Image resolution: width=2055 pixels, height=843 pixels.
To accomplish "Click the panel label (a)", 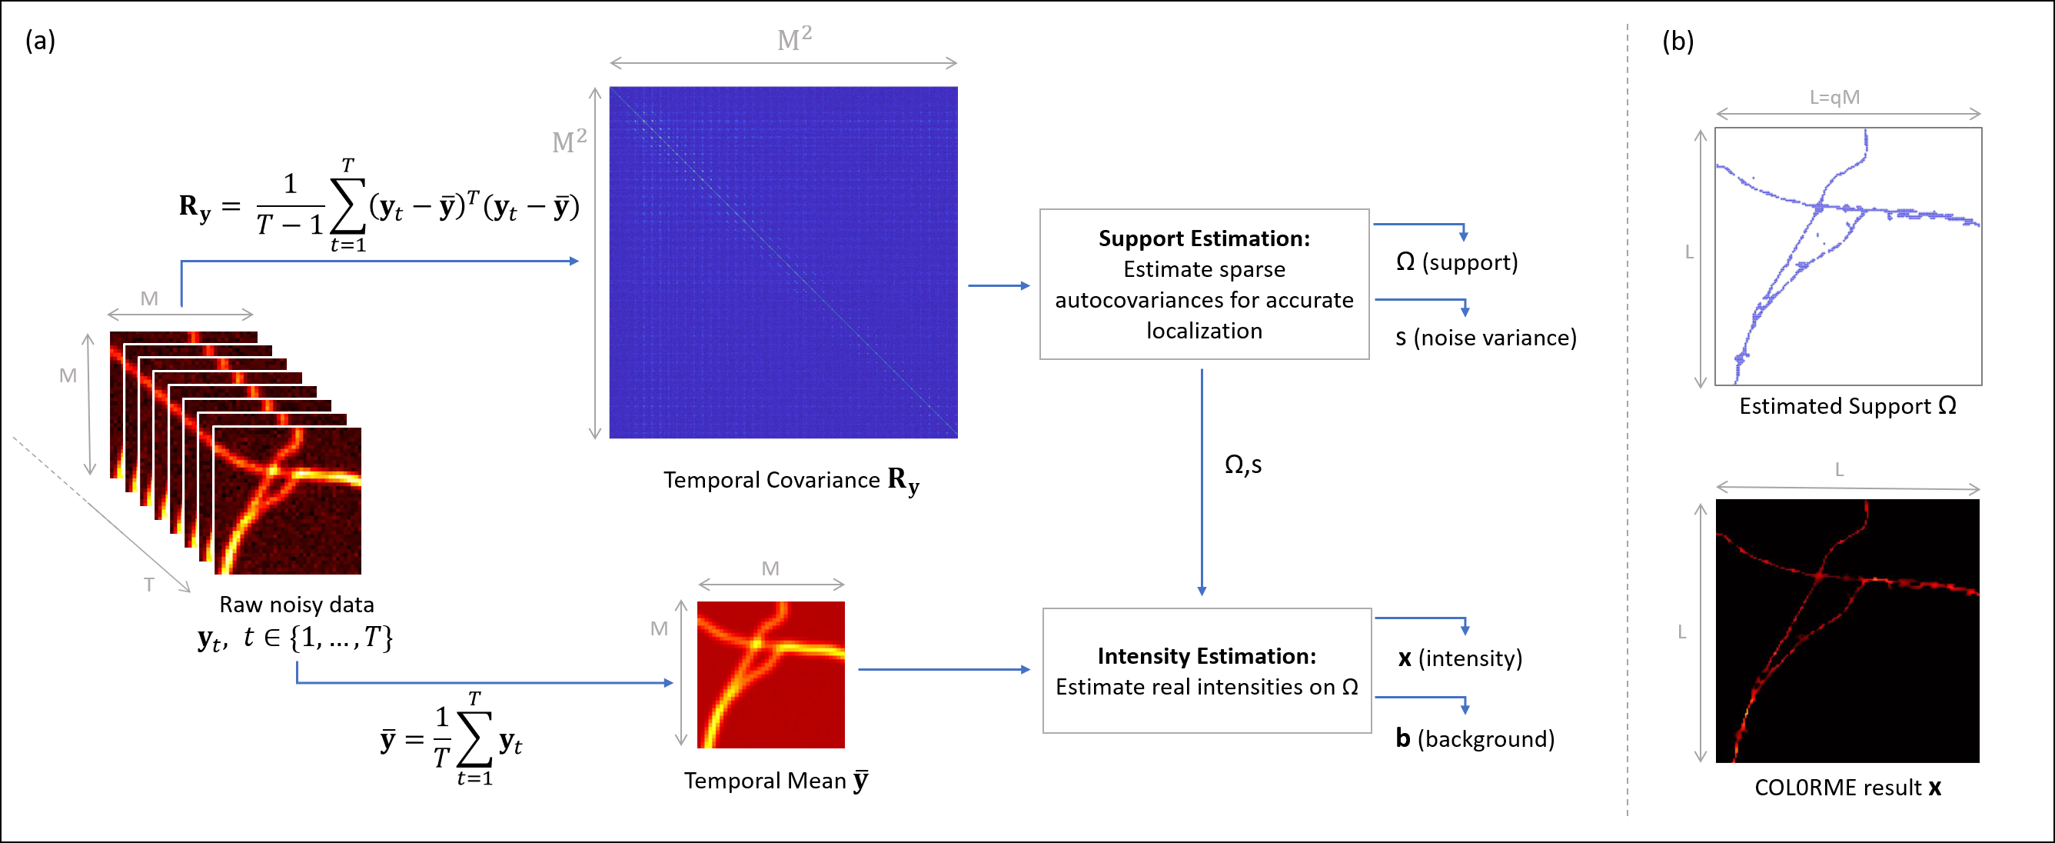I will (40, 40).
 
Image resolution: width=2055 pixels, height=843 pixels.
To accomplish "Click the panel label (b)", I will (1678, 41).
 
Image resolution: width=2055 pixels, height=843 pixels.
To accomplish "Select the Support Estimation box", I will (1204, 284).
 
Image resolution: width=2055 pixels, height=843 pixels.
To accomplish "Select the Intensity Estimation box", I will (1206, 671).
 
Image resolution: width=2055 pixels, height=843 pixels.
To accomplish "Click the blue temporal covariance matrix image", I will (783, 262).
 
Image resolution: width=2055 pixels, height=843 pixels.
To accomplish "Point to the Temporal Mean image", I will (770, 675).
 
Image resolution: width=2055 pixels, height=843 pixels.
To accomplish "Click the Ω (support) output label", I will (1457, 262).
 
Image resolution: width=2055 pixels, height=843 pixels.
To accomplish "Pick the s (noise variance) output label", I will (1485, 338).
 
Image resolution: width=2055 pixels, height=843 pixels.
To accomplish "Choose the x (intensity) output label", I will (1460, 658).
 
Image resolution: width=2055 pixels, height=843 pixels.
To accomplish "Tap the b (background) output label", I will (1475, 738).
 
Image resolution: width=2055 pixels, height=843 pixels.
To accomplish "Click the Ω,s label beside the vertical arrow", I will (1243, 465).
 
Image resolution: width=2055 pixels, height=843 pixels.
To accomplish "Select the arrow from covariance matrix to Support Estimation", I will (999, 285).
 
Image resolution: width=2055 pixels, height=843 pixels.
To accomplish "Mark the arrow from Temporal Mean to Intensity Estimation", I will (944, 669).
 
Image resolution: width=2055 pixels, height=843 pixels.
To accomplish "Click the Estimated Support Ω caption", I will (1847, 406).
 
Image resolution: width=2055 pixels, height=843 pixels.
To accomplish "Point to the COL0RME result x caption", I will (1847, 788).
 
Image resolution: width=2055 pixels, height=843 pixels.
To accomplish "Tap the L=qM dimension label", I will (1834, 98).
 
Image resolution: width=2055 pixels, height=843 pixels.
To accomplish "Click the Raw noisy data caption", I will (296, 605).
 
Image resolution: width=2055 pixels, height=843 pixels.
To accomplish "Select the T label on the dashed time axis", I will (149, 585).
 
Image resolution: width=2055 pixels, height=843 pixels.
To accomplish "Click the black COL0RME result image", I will (1847, 631).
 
